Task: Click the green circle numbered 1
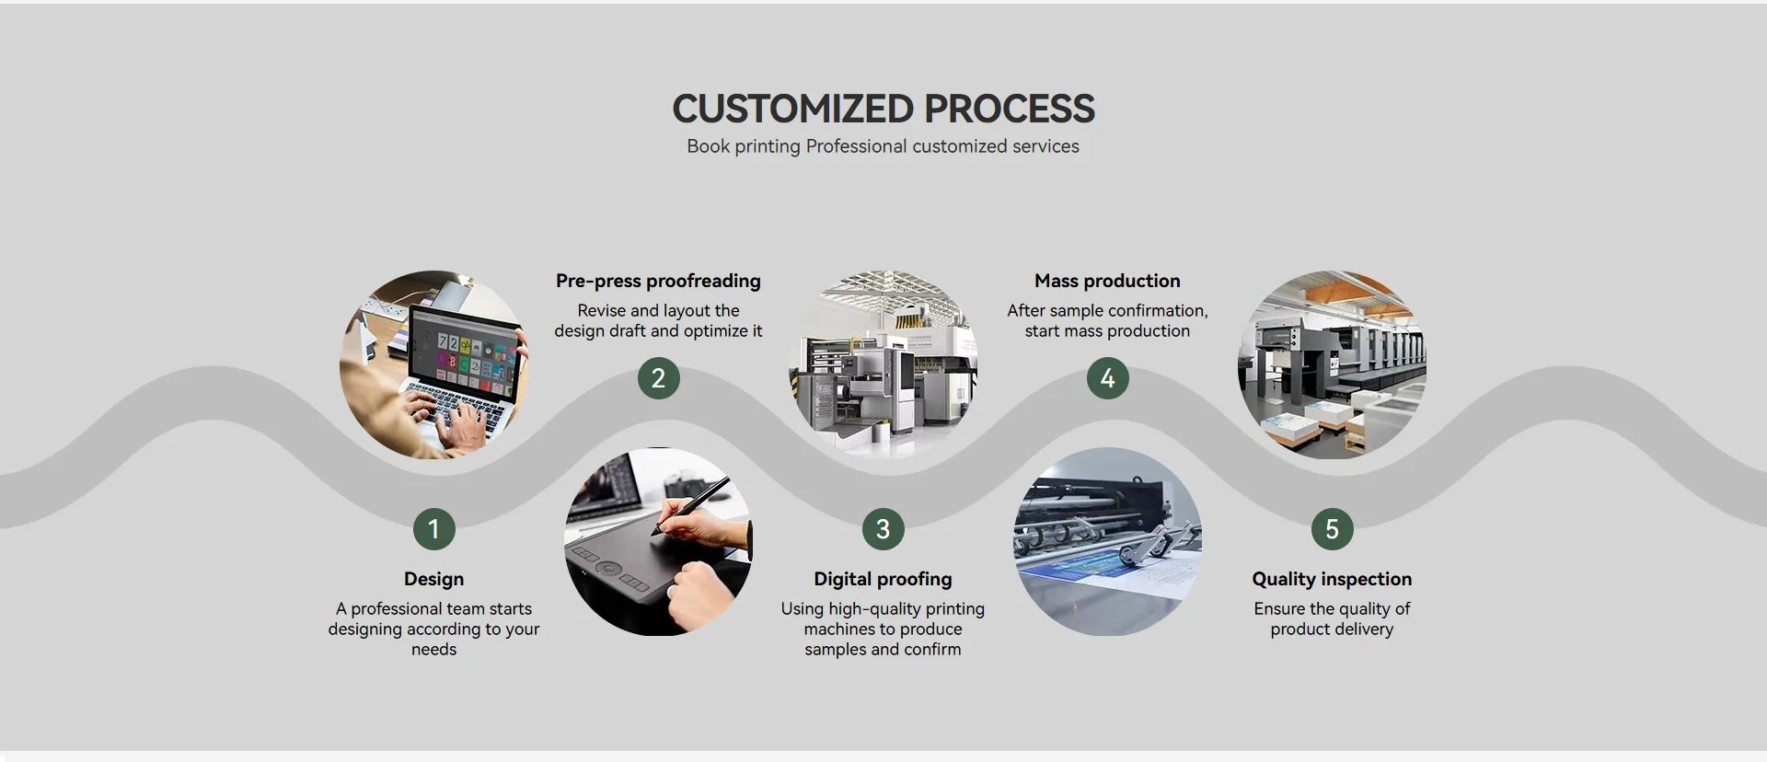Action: point(433,529)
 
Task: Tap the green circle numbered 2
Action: point(658,378)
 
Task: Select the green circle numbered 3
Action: point(883,529)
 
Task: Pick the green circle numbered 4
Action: point(1107,378)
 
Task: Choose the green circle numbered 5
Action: point(1332,529)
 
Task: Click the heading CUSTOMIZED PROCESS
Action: point(883,109)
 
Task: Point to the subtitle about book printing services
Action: point(883,146)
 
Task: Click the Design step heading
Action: point(433,579)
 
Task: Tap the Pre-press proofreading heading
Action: point(658,281)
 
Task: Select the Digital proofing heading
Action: point(883,579)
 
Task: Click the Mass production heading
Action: point(1107,281)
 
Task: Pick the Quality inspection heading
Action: point(1332,579)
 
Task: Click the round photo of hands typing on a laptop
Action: point(433,364)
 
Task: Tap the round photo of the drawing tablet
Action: point(658,542)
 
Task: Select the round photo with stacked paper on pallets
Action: point(1332,364)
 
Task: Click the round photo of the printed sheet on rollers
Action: point(1107,542)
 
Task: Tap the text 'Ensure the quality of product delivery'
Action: point(1332,618)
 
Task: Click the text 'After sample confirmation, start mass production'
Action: point(1107,320)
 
